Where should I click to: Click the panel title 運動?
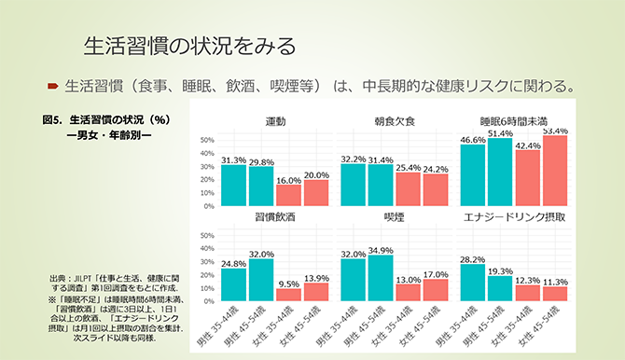click(275, 121)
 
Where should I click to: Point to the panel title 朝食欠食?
click(395, 121)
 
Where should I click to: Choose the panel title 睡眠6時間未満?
click(514, 121)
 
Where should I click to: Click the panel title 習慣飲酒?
click(275, 216)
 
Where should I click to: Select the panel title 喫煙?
click(395, 216)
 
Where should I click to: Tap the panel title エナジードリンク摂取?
click(514, 216)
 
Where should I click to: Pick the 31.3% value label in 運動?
click(233, 159)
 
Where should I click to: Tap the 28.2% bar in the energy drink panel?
click(473, 283)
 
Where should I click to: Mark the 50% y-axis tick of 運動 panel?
click(208, 141)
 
